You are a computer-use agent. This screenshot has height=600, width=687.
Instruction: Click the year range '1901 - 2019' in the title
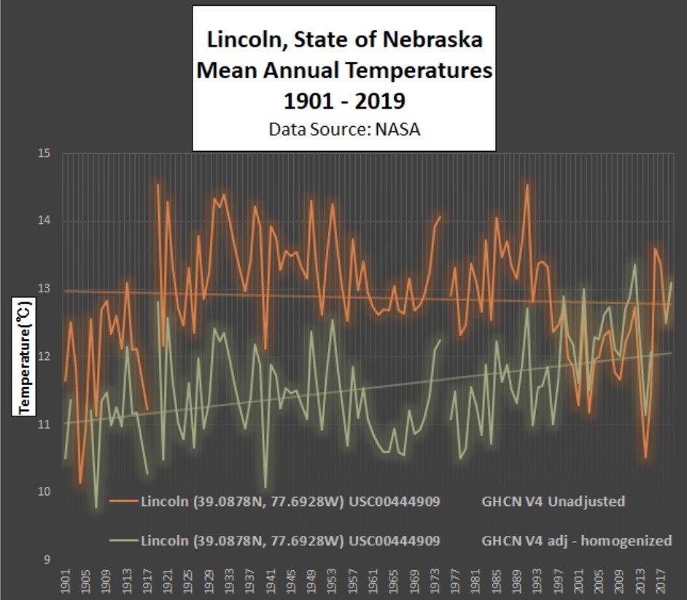(344, 100)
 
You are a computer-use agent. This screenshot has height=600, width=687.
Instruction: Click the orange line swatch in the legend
(124, 501)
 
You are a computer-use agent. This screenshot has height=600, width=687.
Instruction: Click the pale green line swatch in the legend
(124, 541)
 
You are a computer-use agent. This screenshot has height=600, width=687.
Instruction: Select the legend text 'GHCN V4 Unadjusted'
(553, 501)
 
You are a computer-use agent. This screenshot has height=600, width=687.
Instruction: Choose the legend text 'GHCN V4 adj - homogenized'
(576, 541)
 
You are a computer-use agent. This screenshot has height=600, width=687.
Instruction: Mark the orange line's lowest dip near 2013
(645, 458)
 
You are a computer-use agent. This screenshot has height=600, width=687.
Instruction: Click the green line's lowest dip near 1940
(265, 487)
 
